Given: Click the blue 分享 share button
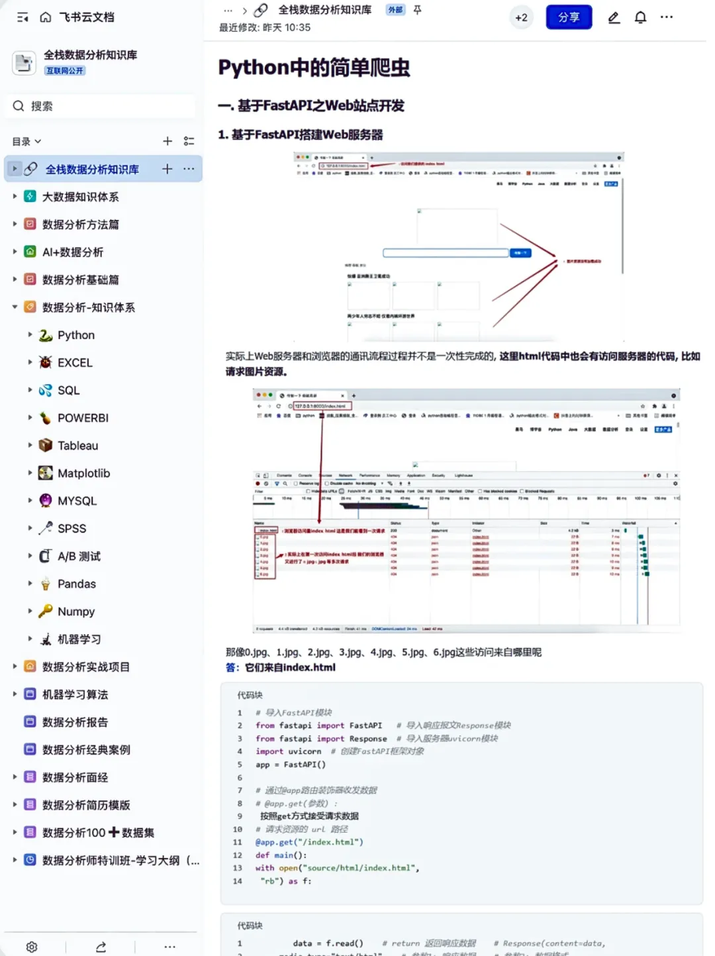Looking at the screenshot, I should (x=569, y=18).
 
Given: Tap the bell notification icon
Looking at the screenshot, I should (x=640, y=18).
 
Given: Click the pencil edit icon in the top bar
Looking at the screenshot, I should (x=614, y=18).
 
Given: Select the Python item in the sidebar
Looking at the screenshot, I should (x=75, y=335).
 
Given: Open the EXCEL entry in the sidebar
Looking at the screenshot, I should (x=75, y=363).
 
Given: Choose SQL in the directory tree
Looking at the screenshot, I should (x=68, y=391).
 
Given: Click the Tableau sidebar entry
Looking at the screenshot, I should (x=77, y=446).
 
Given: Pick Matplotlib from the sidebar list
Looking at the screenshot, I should (x=83, y=474).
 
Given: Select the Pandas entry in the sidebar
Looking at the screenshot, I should (x=76, y=584).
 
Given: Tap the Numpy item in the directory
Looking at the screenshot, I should (x=75, y=612).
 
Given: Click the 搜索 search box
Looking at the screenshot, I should (x=99, y=106).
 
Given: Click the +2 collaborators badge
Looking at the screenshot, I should (x=521, y=18).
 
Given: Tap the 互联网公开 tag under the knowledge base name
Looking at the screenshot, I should (x=65, y=71).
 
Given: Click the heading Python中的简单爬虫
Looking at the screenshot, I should (x=314, y=68).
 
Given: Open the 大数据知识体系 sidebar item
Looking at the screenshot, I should (x=80, y=197).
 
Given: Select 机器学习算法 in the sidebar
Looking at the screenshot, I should (x=75, y=695).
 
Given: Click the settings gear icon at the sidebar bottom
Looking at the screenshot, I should (x=32, y=947).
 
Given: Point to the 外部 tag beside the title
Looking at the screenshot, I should (x=395, y=10).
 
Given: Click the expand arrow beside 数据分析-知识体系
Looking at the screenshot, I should (x=15, y=307).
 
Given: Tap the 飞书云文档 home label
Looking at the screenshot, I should (x=86, y=17).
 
